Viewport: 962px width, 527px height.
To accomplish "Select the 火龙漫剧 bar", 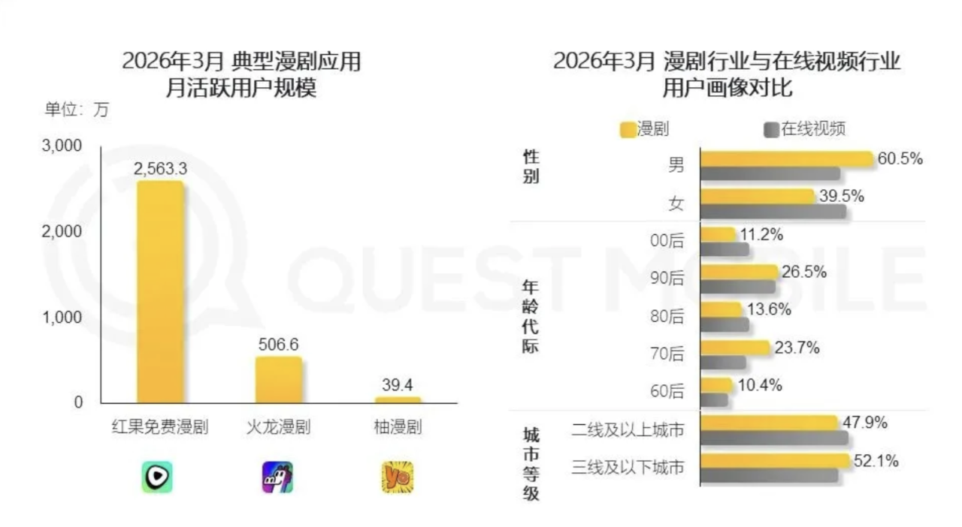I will (x=279, y=380).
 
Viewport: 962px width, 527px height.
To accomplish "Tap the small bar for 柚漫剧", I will (x=398, y=400).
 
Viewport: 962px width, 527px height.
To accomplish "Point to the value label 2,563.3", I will (x=160, y=169).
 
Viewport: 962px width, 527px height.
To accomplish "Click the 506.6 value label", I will (x=277, y=345).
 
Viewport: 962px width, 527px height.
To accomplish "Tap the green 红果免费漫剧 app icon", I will (x=157, y=477).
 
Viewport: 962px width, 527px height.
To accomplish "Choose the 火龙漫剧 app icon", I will (x=277, y=477).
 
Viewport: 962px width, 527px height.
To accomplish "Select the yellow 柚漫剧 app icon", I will (x=397, y=477).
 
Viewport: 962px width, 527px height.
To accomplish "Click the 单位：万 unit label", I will (x=77, y=110).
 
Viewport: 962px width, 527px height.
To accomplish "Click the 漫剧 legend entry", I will (x=645, y=129).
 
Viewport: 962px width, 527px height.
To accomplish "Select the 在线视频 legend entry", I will (x=806, y=129).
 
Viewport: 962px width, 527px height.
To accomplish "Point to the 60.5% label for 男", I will (x=900, y=158).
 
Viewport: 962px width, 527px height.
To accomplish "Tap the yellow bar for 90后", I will (x=739, y=272).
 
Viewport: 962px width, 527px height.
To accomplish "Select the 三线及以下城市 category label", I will (x=628, y=467).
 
